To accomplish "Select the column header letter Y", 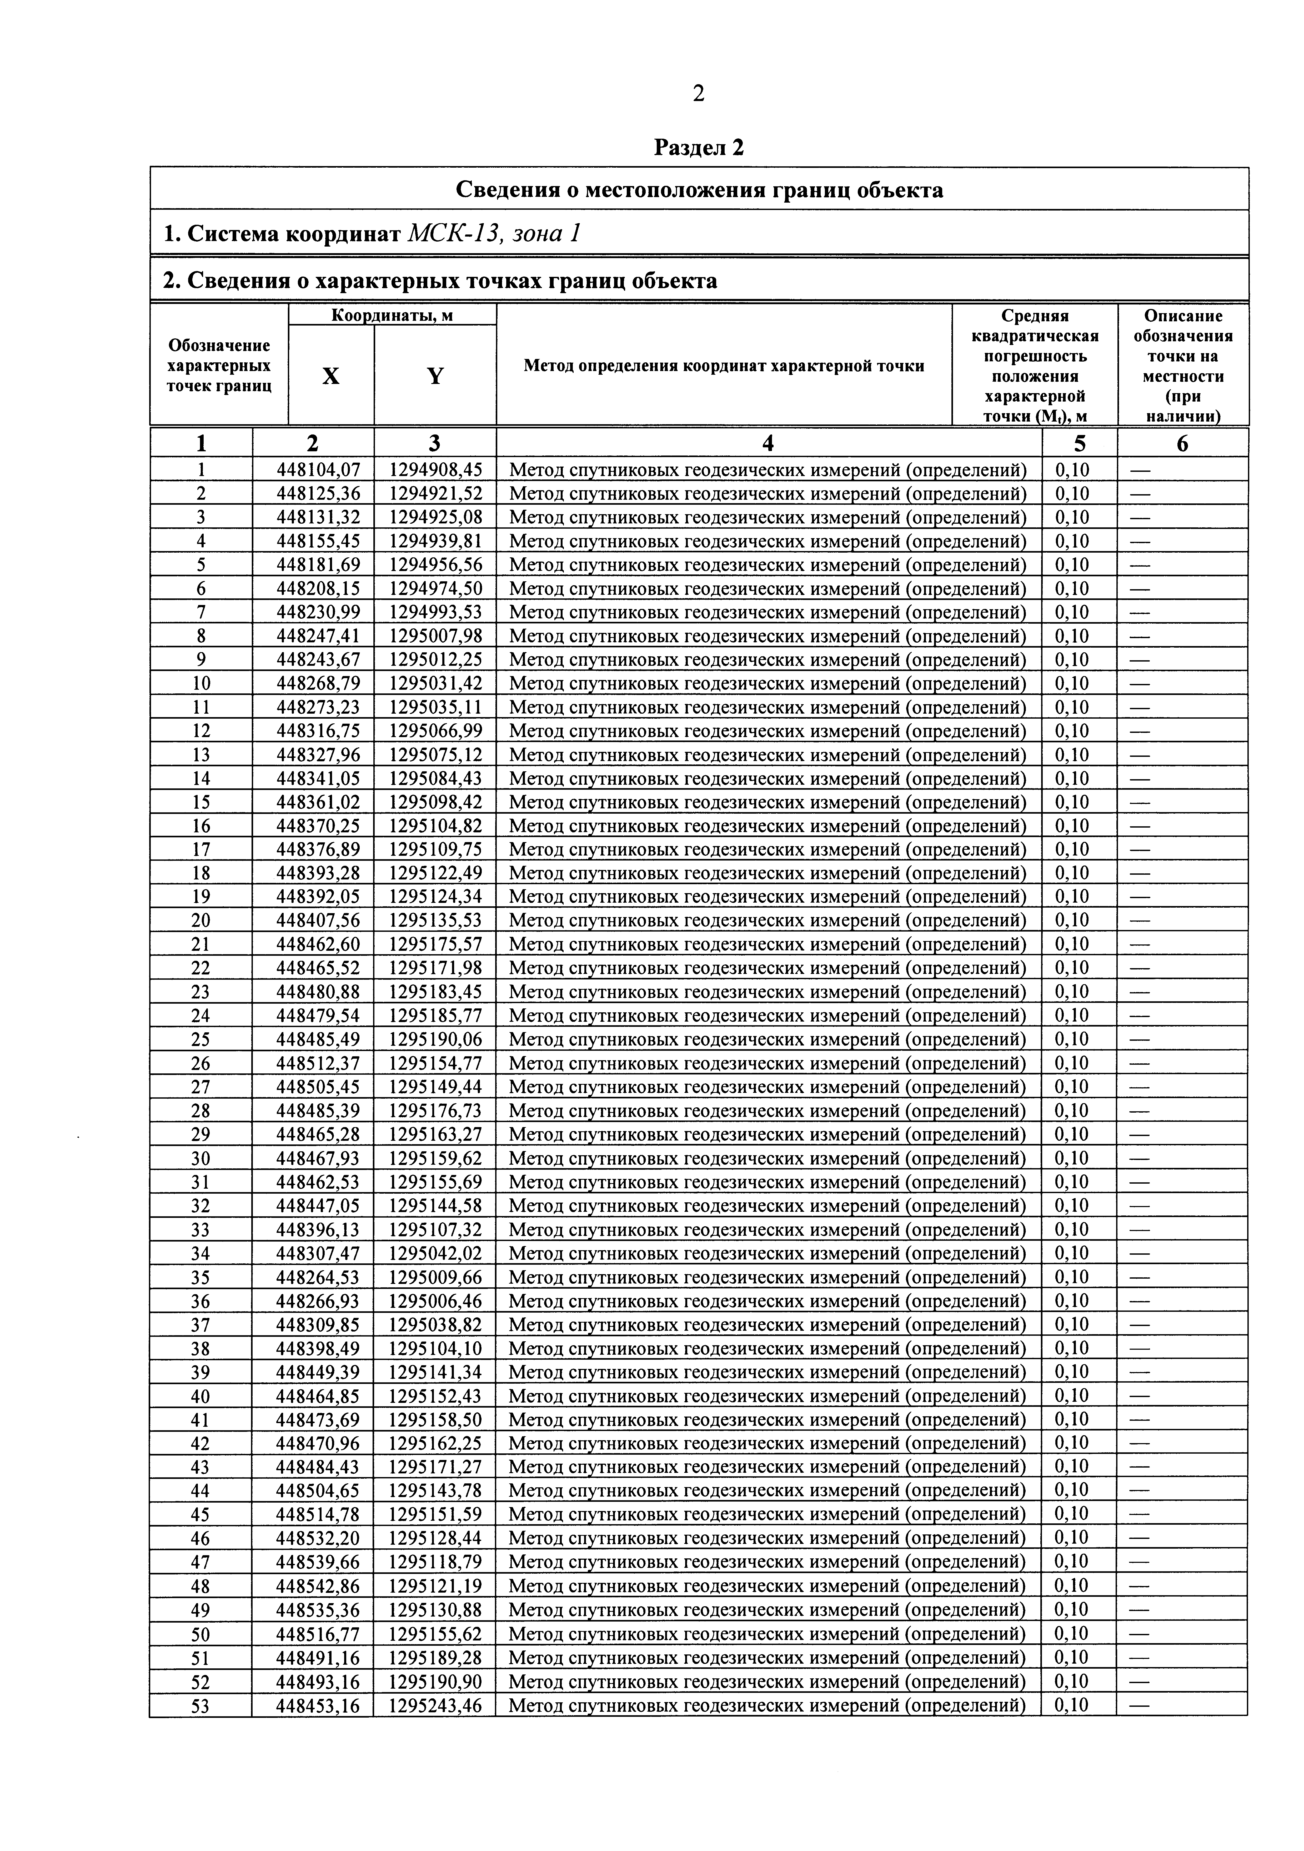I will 435,376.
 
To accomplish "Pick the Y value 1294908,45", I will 435,469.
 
